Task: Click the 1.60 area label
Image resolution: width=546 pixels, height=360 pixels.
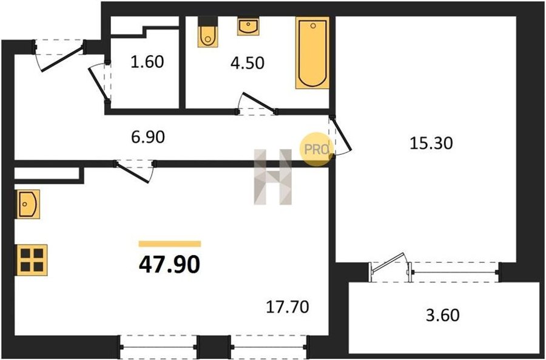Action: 147,62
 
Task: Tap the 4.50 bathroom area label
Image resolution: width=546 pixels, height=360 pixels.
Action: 248,63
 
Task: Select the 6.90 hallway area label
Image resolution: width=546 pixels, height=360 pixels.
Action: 148,137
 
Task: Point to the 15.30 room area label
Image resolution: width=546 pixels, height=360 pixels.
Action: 431,143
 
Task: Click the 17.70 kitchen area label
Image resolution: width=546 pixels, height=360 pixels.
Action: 288,307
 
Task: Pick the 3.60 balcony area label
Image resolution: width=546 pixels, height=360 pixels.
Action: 443,316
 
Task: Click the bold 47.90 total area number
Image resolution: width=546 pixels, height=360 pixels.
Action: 170,265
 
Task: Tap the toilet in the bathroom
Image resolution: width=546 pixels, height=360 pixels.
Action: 208,32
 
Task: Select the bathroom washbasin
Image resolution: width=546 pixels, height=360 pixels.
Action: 248,27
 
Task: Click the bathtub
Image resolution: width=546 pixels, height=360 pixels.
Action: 312,53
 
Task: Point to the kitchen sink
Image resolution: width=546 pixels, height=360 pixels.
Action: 27,204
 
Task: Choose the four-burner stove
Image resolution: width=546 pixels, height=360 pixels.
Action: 32,260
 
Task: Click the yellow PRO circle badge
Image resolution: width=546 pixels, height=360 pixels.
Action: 315,150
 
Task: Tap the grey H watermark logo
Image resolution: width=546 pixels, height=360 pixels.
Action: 272,177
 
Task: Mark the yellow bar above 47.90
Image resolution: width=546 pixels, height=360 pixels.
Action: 170,243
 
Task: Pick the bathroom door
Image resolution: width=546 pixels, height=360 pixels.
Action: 259,102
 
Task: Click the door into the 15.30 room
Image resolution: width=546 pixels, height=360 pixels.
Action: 343,135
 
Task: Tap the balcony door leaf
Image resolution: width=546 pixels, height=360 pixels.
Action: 388,262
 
